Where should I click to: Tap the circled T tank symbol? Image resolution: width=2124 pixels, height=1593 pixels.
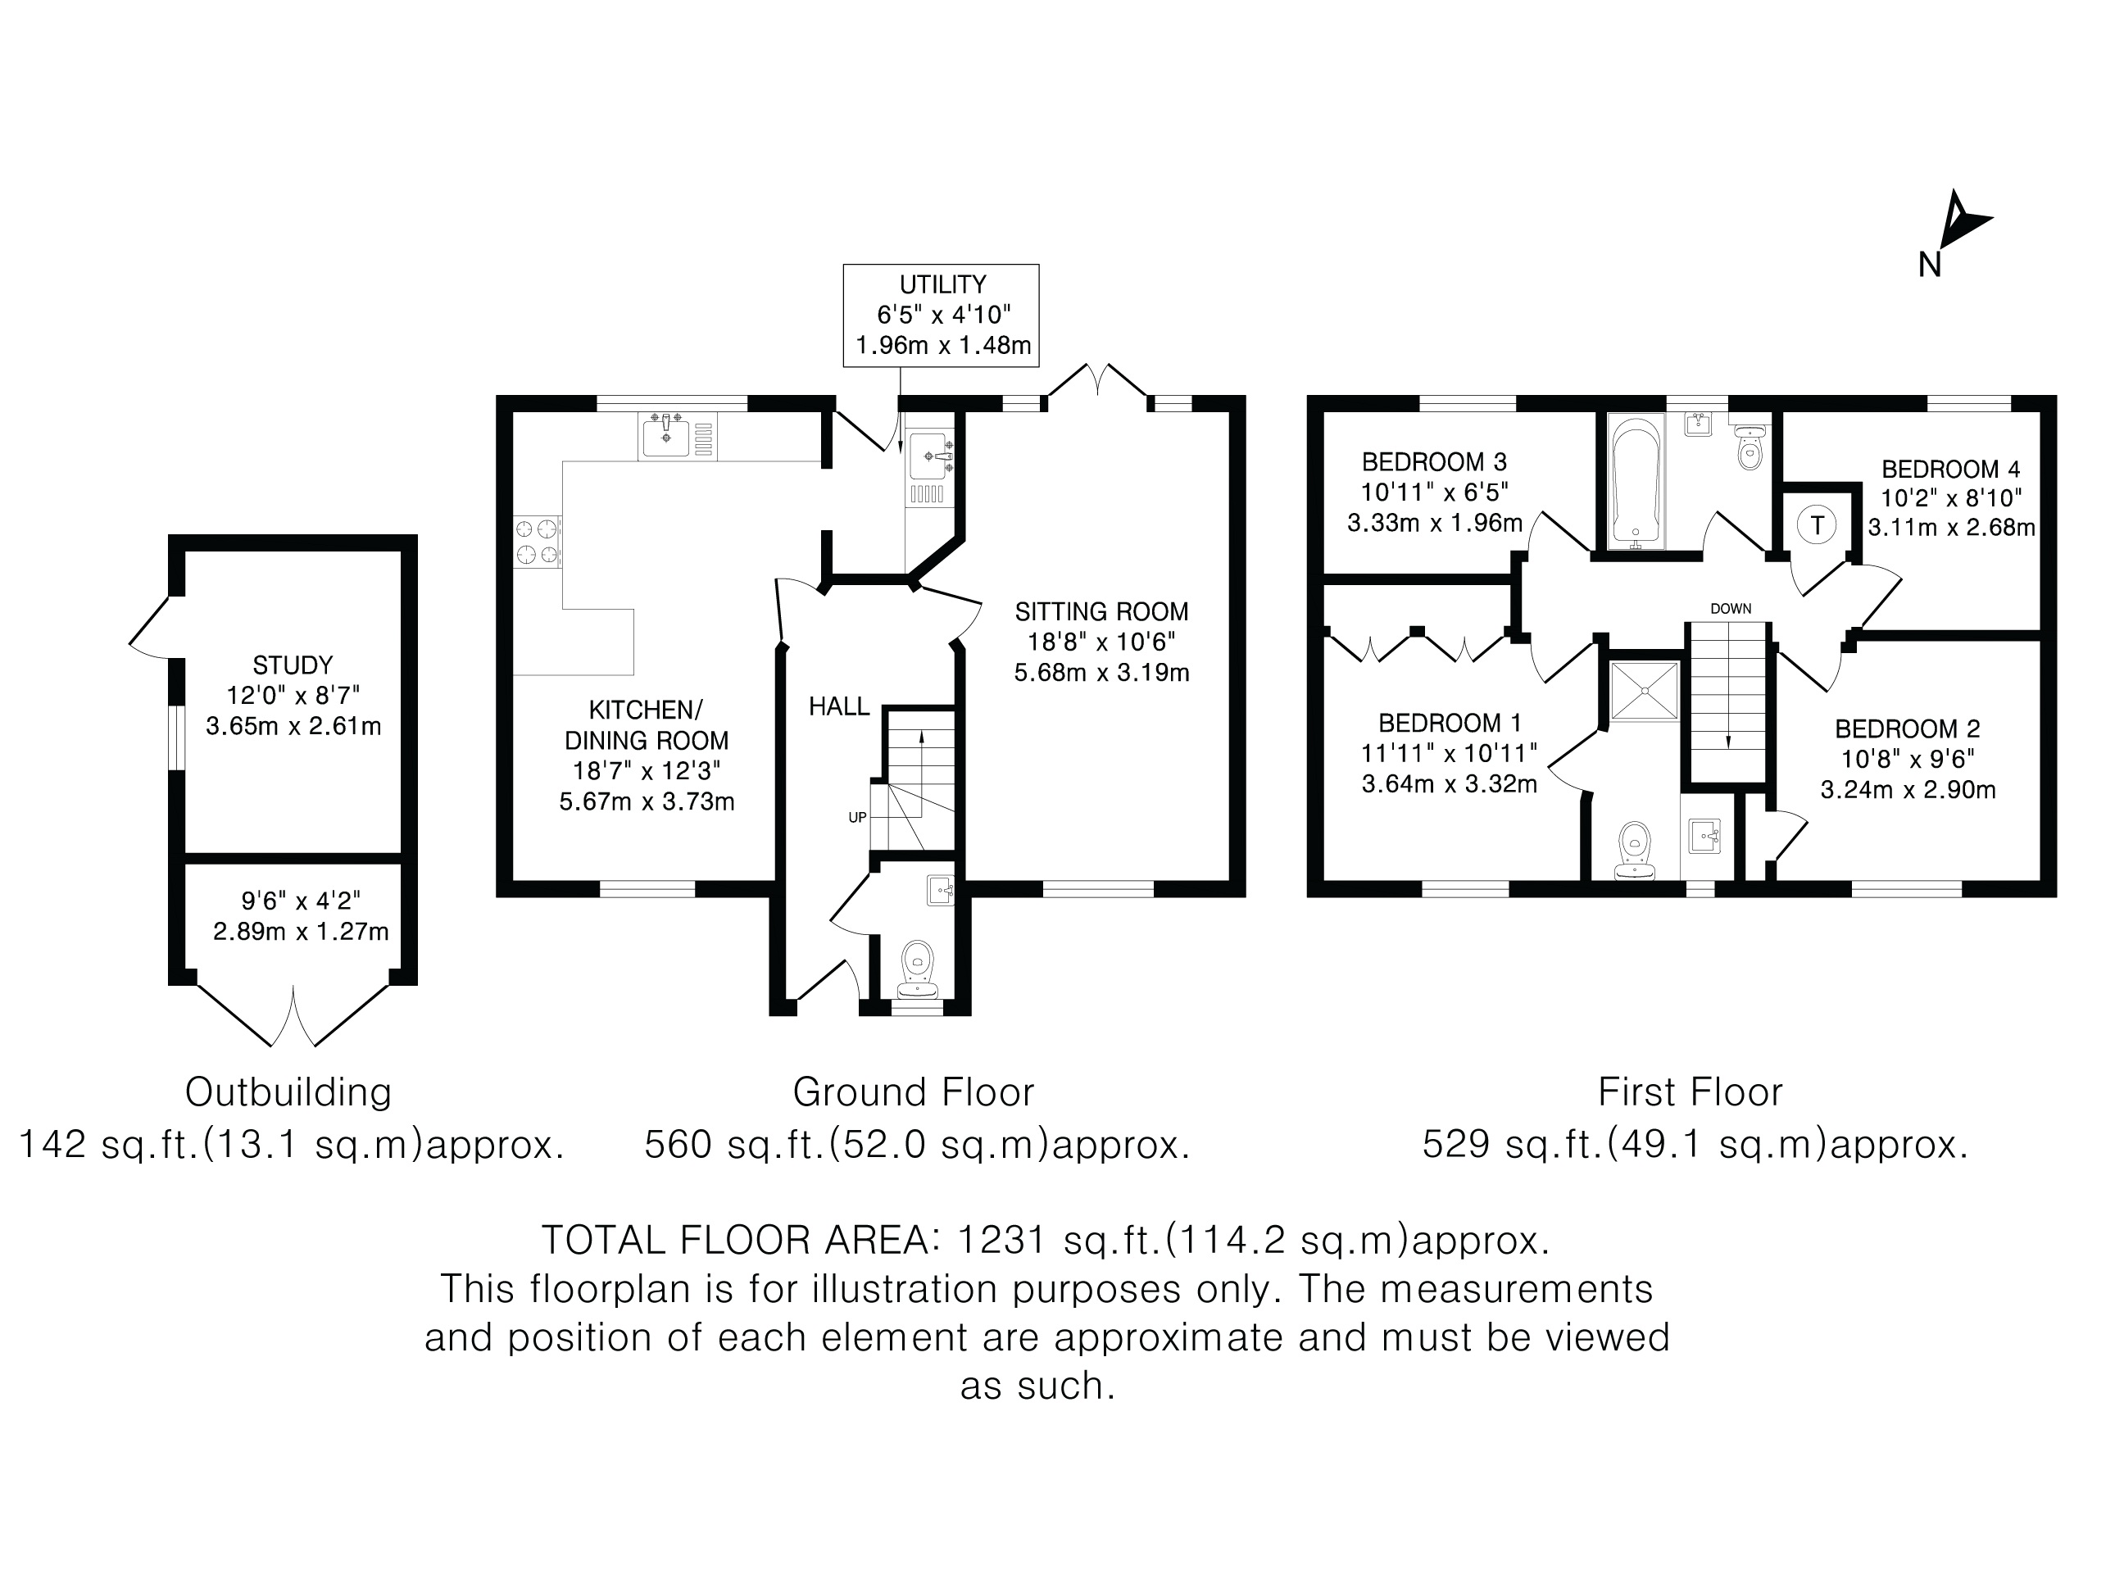click(1817, 525)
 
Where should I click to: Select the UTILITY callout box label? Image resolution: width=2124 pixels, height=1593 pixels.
click(942, 285)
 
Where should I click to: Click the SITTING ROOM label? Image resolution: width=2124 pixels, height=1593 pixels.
click(1101, 611)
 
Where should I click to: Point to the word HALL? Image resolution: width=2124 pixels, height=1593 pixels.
click(839, 706)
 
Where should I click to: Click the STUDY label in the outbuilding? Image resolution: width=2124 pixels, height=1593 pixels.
click(293, 665)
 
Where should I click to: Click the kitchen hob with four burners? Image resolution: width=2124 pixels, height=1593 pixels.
click(538, 542)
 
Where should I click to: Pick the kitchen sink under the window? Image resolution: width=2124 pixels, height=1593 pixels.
click(677, 437)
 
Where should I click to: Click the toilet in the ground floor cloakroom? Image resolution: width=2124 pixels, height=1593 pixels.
click(918, 967)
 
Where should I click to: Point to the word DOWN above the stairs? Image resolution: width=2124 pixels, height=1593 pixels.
click(1731, 609)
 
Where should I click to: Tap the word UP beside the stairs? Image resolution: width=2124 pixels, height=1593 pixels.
click(857, 818)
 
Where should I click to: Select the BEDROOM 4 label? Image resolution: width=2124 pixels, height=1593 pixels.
click(1950, 470)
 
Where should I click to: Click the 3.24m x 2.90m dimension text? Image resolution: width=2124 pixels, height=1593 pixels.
click(1908, 789)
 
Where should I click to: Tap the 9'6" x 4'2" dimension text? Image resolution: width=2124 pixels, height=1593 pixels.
click(301, 901)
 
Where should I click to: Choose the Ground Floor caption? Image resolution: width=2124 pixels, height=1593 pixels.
click(913, 1091)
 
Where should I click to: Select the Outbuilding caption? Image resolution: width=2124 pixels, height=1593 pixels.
click(288, 1091)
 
